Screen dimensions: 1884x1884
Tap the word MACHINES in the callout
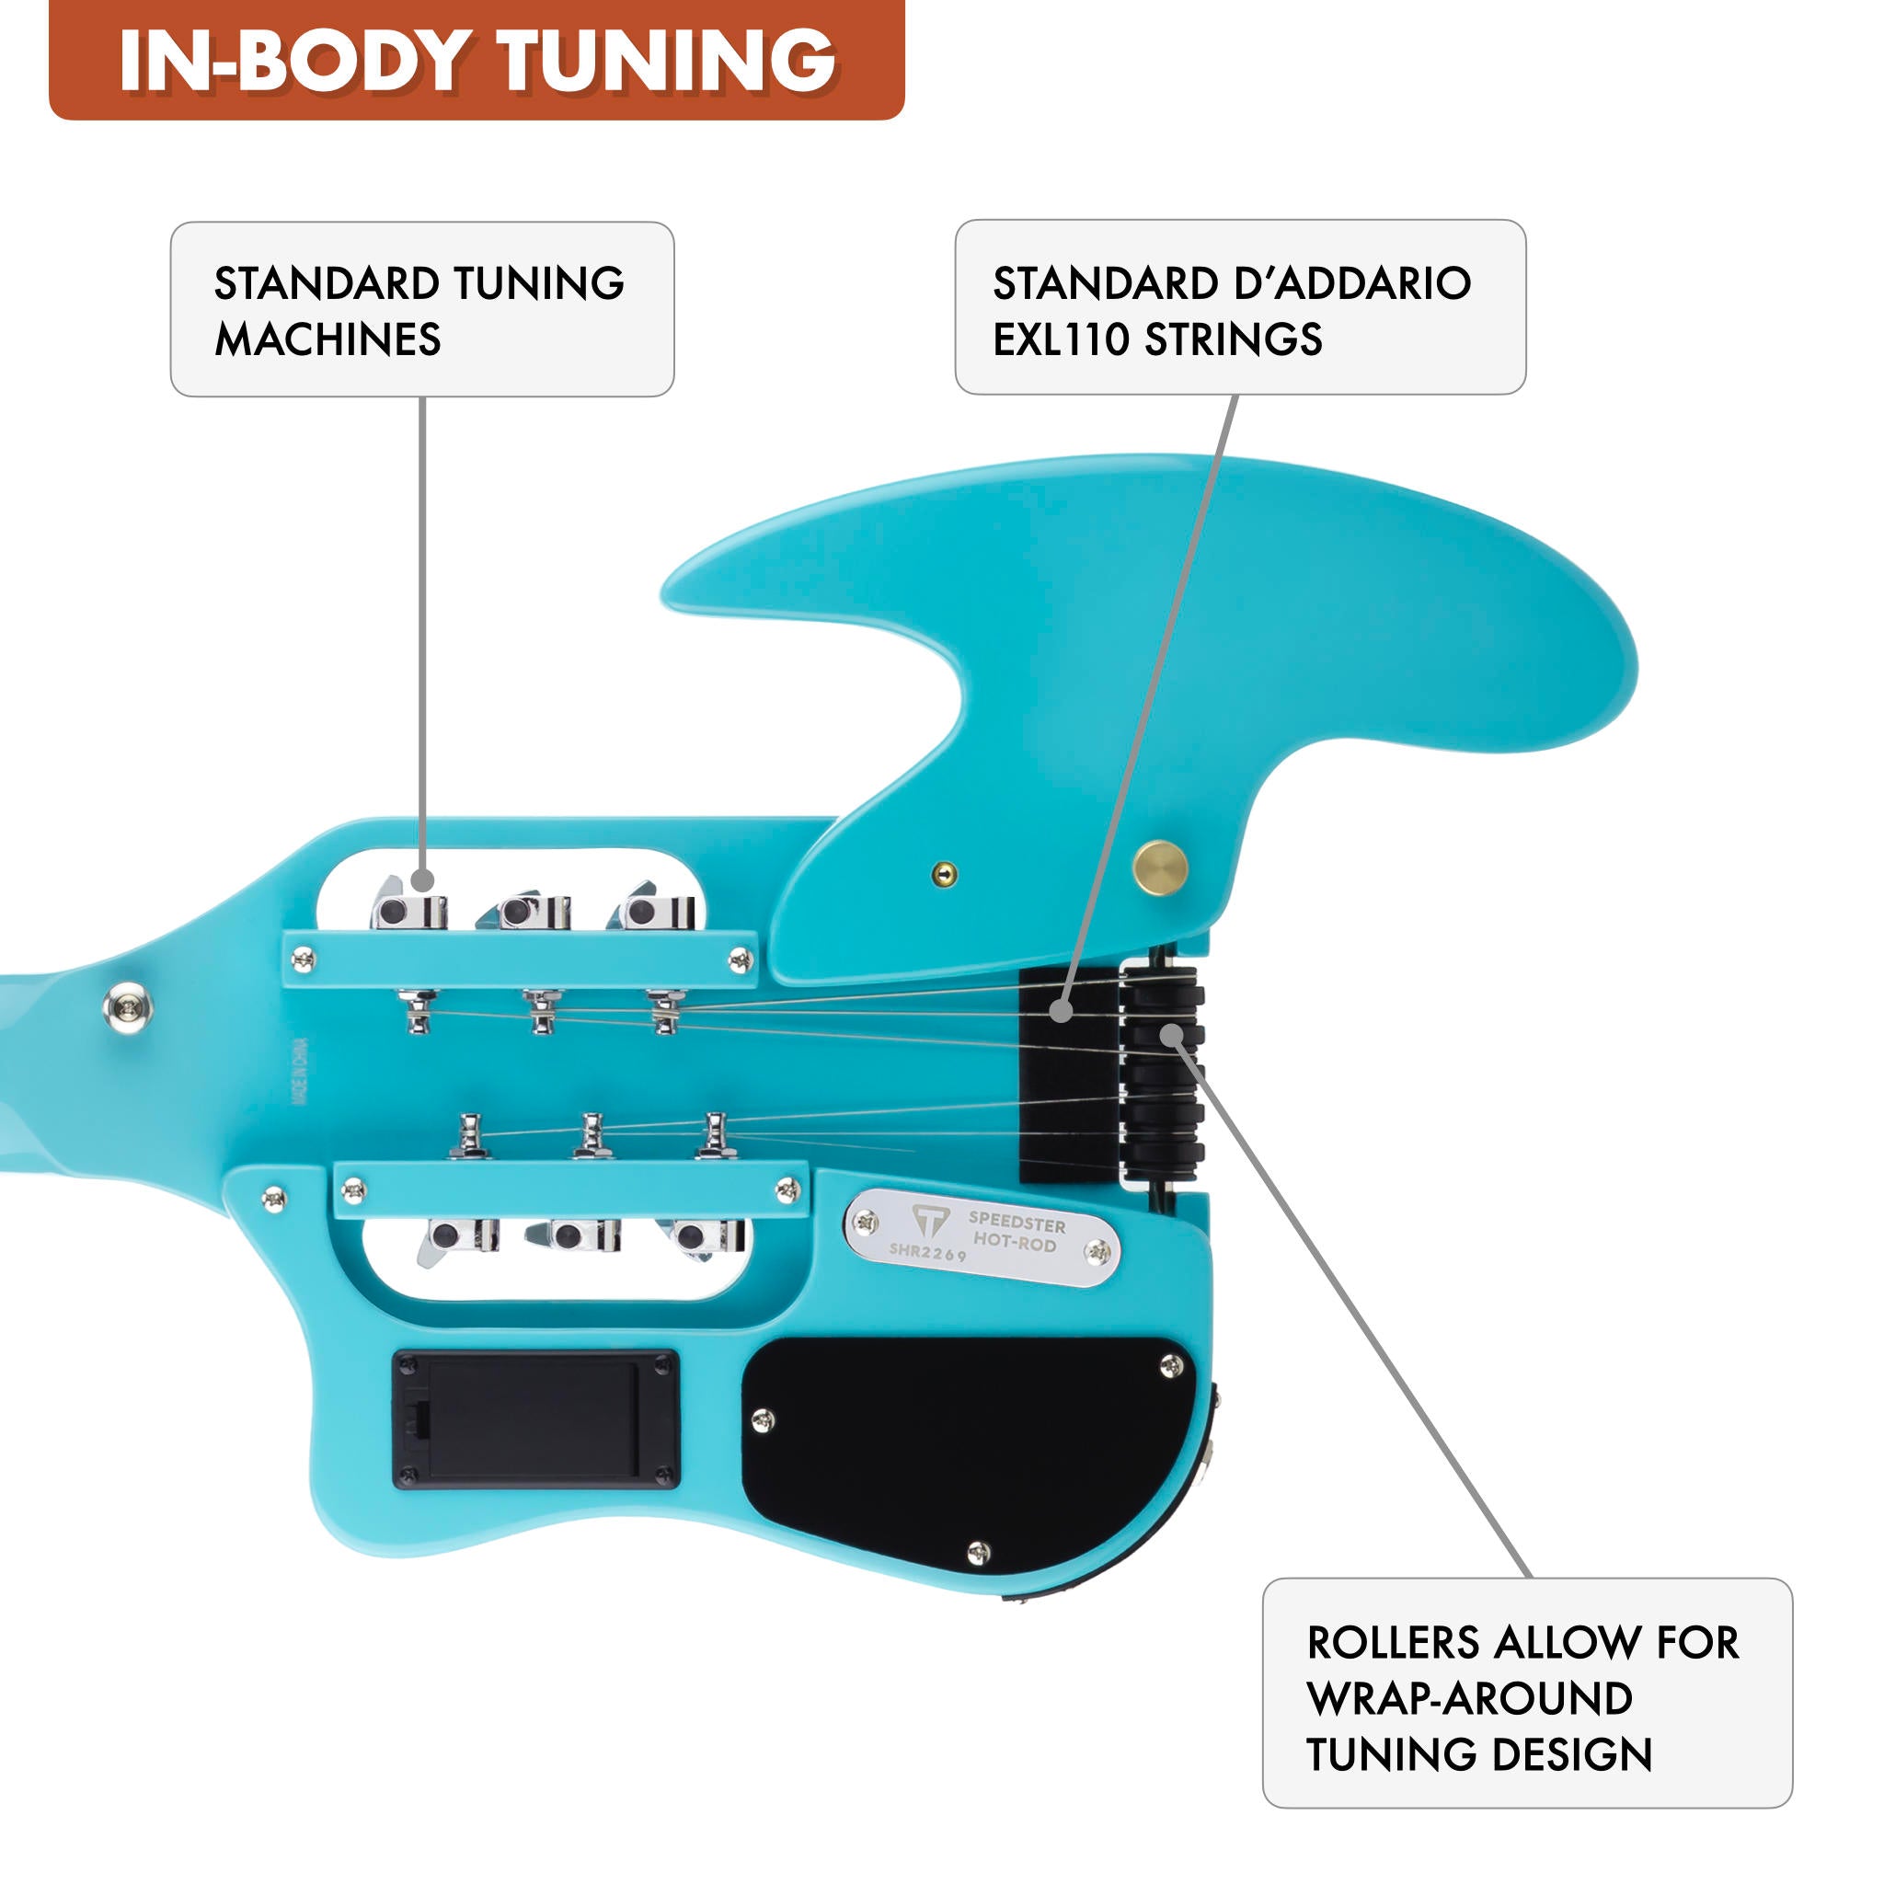coord(327,339)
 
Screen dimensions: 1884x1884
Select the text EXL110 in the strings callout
coord(1060,339)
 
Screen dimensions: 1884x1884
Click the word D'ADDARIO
coord(1352,283)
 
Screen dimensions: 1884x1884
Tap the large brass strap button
coord(1159,867)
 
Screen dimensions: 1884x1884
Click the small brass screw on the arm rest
coord(944,874)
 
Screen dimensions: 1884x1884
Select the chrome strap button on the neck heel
coord(128,1008)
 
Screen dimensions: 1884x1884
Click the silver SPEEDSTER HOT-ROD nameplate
coord(983,1236)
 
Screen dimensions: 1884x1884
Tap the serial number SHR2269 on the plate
coord(927,1253)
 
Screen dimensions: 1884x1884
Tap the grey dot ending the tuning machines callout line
coord(423,880)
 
